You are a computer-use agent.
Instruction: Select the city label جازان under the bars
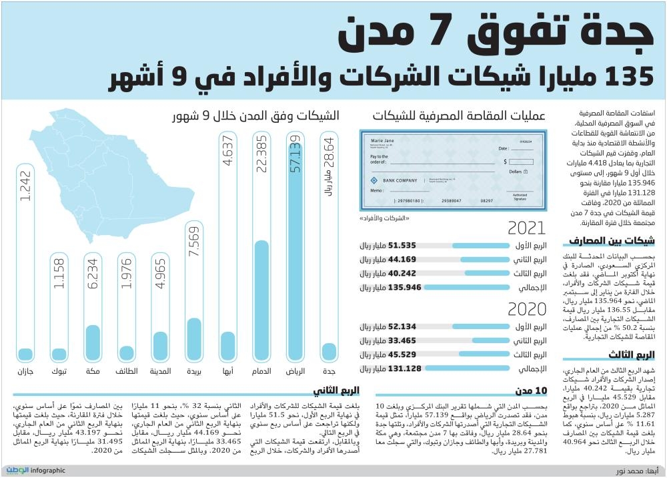click(x=26, y=371)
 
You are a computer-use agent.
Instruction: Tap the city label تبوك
click(x=59, y=371)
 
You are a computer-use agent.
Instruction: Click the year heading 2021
click(x=527, y=229)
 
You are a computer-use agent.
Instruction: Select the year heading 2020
click(x=527, y=309)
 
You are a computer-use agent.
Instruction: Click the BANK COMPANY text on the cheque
click(x=400, y=180)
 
